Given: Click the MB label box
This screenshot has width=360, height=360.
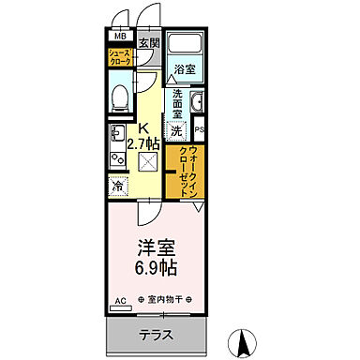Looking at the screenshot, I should click(x=119, y=37).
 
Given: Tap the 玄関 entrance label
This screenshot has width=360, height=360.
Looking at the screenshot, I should click(x=150, y=42).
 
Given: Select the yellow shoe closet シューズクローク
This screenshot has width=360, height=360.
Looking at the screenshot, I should click(x=119, y=59).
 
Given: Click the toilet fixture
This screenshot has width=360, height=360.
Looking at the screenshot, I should click(x=119, y=97).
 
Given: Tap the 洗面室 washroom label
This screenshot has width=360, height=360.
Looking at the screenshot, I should click(x=176, y=99).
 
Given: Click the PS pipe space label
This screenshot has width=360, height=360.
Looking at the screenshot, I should click(x=200, y=130).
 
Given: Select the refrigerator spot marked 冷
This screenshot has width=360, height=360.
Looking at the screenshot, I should click(x=119, y=186).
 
